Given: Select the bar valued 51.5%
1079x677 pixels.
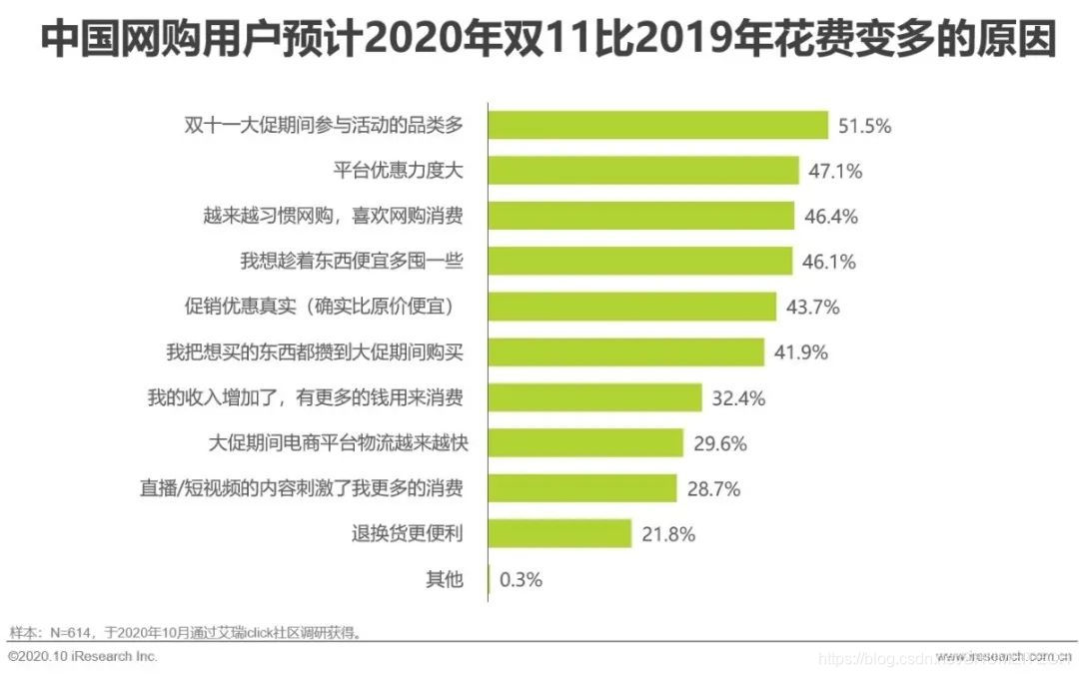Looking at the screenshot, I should (x=658, y=126).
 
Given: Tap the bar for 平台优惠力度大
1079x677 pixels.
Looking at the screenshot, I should (x=643, y=171).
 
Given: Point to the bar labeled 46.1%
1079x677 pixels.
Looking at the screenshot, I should (x=640, y=262).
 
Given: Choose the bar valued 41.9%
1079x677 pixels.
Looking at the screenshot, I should (x=626, y=351).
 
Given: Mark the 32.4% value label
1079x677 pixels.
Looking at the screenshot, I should (x=738, y=397).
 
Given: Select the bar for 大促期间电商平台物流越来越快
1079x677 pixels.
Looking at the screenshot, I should (x=585, y=442).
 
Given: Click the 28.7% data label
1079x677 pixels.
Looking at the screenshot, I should (x=713, y=488).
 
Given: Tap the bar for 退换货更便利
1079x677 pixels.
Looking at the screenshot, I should (x=560, y=533).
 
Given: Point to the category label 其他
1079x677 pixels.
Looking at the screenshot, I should (x=445, y=579).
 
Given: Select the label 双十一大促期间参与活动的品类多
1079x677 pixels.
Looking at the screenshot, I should (x=325, y=126).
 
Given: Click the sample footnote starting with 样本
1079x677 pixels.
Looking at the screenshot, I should (x=185, y=632).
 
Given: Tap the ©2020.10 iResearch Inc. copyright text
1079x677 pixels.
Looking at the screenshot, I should (x=83, y=657).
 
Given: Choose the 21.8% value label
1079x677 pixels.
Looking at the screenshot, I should (x=667, y=533).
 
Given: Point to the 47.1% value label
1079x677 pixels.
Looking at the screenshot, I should (x=834, y=171).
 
